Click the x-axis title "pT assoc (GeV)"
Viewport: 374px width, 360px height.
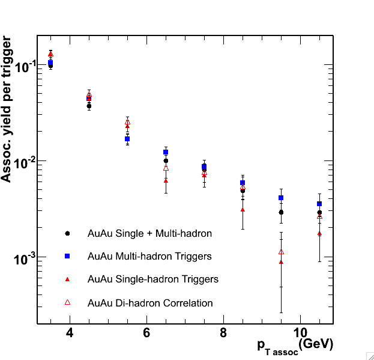click(295, 344)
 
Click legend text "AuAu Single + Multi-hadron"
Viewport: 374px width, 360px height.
click(149, 233)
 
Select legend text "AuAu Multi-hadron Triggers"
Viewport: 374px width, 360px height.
click(149, 256)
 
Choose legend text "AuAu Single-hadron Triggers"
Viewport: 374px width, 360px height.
click(153, 279)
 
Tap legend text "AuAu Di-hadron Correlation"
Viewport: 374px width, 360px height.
click(150, 303)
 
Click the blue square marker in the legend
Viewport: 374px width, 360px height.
click(68, 256)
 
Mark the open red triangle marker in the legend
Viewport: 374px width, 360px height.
click(68, 302)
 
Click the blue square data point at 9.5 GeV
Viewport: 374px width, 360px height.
click(281, 198)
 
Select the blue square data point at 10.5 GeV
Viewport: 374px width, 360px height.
click(319, 204)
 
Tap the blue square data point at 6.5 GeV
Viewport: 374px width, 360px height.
click(166, 152)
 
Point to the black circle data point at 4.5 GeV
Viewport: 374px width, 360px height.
click(89, 105)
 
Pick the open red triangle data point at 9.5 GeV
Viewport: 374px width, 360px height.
click(281, 252)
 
